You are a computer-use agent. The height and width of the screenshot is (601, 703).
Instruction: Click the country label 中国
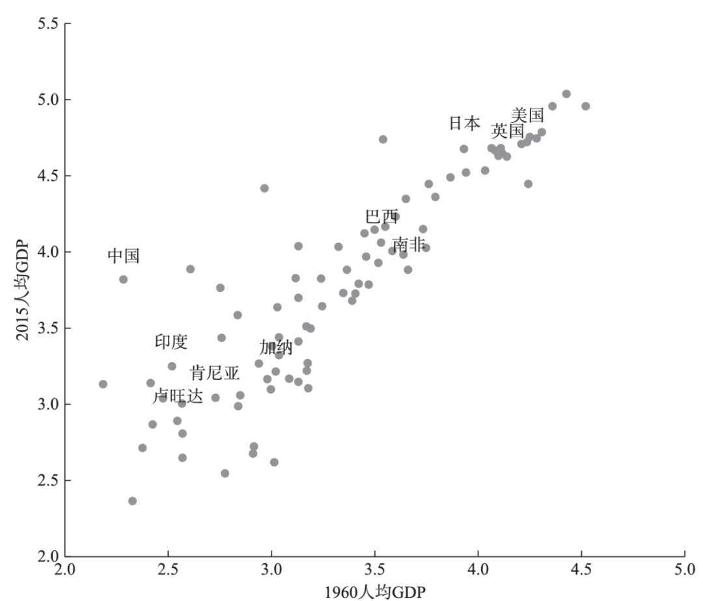pyautogui.click(x=124, y=256)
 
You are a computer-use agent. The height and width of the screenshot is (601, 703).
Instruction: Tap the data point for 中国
pyautogui.click(x=123, y=279)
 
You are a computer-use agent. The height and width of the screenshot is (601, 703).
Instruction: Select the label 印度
pyautogui.click(x=171, y=341)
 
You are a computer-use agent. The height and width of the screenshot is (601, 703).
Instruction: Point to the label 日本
pyautogui.click(x=465, y=123)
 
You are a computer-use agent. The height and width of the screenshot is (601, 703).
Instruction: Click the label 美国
pyautogui.click(x=527, y=115)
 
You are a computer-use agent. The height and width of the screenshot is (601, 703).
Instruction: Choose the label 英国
pyautogui.click(x=508, y=131)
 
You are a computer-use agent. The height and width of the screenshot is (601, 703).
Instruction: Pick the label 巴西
pyautogui.click(x=381, y=217)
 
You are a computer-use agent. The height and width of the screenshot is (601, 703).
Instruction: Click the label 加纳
pyautogui.click(x=276, y=347)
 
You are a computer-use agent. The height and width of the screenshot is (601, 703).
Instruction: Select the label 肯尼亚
pyautogui.click(x=215, y=373)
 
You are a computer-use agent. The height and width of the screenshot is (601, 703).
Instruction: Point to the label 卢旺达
pyautogui.click(x=178, y=395)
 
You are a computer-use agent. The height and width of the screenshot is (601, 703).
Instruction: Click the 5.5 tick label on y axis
pyautogui.click(x=46, y=24)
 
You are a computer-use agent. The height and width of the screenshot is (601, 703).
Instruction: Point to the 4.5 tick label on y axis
pyautogui.click(x=46, y=176)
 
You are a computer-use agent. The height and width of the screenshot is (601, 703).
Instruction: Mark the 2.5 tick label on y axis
pyautogui.click(x=46, y=481)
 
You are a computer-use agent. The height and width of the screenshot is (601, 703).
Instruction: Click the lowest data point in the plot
pyautogui.click(x=132, y=501)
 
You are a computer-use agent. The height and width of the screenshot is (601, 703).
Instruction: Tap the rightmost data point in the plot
pyautogui.click(x=585, y=106)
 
